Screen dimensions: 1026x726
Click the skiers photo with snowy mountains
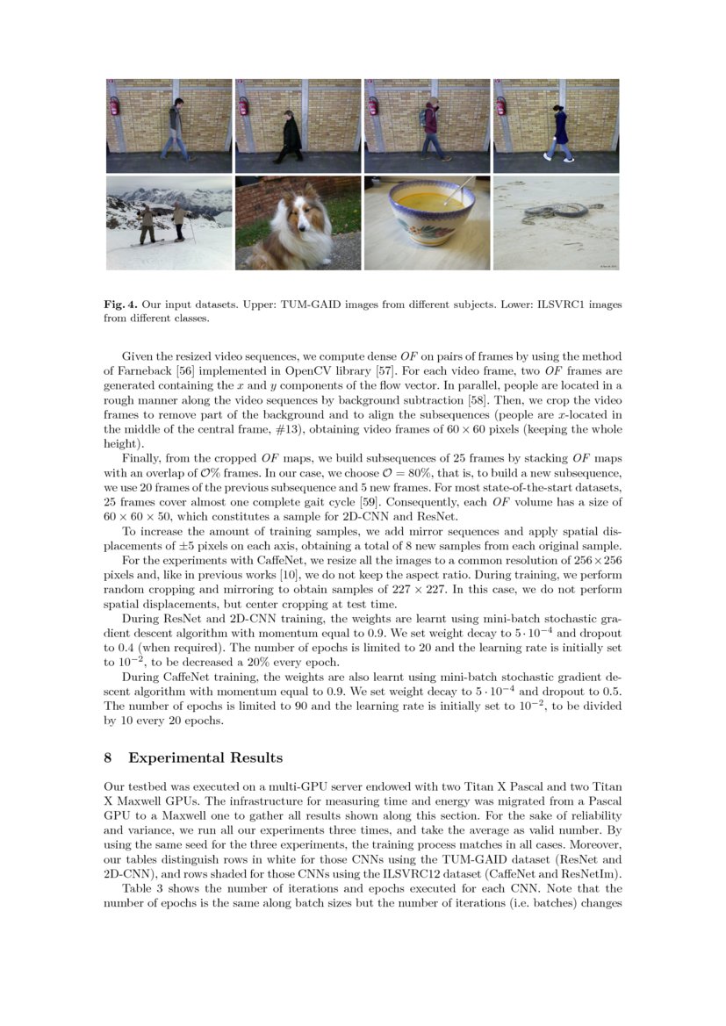coord(169,223)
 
